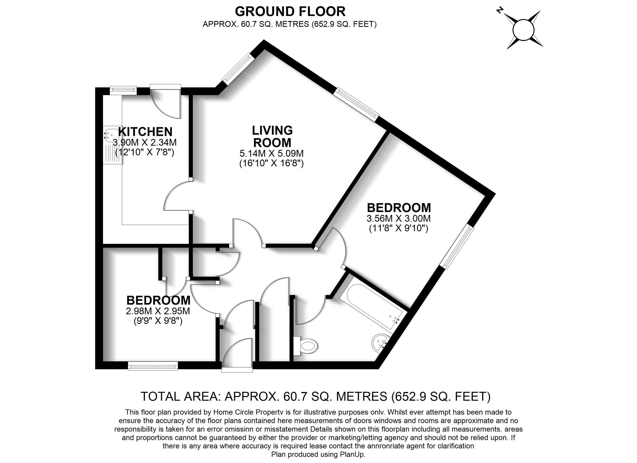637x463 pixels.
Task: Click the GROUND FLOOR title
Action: pyautogui.click(x=290, y=12)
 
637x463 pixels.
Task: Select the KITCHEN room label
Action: pyautogui.click(x=145, y=132)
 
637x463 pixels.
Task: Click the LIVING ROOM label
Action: pyautogui.click(x=272, y=136)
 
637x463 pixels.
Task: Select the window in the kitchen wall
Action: pyautogui.click(x=123, y=90)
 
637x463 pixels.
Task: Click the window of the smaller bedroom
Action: pyautogui.click(x=153, y=366)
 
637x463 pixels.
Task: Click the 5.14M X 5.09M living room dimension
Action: pyautogui.click(x=272, y=154)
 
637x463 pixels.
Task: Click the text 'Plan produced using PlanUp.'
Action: pyautogui.click(x=318, y=454)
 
